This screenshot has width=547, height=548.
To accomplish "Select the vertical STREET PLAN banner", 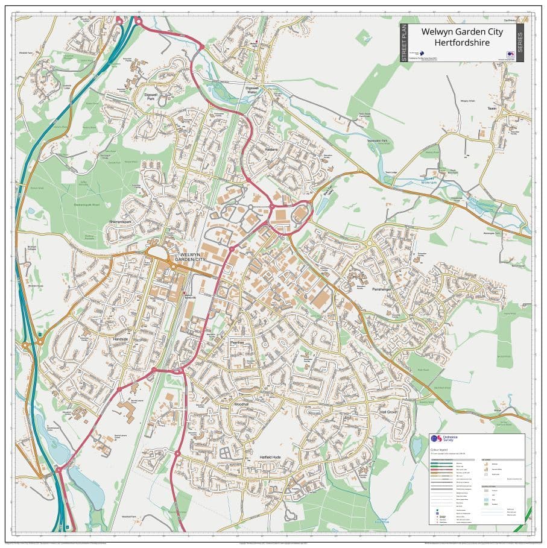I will pyautogui.click(x=404, y=42).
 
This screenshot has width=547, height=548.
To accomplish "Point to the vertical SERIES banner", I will pyautogui.click(x=519, y=42).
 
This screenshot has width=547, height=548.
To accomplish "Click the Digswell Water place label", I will pyautogui.click(x=251, y=90).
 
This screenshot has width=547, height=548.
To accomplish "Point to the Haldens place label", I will pyautogui.click(x=271, y=149).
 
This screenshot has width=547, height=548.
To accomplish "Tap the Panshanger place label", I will pyautogui.click(x=382, y=289).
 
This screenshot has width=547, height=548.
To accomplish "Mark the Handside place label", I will pyautogui.click(x=121, y=339).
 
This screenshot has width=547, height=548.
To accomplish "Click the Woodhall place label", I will pyautogui.click(x=241, y=403).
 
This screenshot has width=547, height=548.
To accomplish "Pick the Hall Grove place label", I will pyautogui.click(x=388, y=412).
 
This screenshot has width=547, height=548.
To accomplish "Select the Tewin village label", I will pyautogui.click(x=492, y=109).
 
